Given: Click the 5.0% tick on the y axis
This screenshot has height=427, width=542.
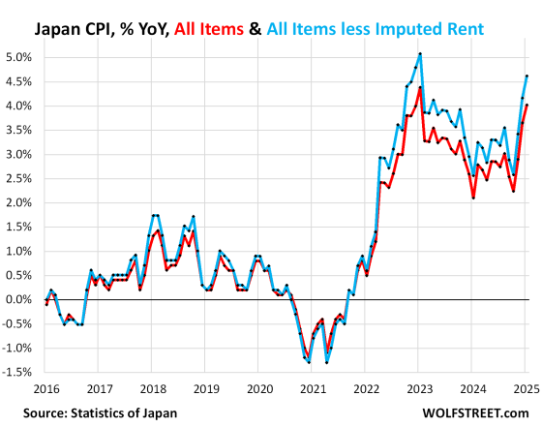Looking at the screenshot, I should pos(20,57).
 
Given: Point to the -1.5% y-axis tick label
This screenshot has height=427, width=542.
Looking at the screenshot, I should pos(19,373).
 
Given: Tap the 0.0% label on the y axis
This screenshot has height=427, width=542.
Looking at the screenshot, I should pos(20,300).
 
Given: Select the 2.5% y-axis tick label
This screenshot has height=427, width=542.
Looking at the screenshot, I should pos(20,178).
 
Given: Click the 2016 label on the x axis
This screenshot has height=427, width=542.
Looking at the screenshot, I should pos(45,388).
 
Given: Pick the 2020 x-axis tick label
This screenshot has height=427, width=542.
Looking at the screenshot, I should pos(260,388).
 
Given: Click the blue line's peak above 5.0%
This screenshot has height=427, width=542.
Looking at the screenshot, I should pos(419,53).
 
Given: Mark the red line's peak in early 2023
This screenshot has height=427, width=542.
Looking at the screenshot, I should pos(419,87).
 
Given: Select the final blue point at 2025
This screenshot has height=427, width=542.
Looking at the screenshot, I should pos(527,76).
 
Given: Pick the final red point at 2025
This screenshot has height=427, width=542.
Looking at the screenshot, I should pos(527,105).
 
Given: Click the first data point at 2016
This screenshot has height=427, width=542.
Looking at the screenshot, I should pos(46,303).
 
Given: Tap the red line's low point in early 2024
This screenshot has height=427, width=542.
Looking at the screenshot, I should pos(473,198).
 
